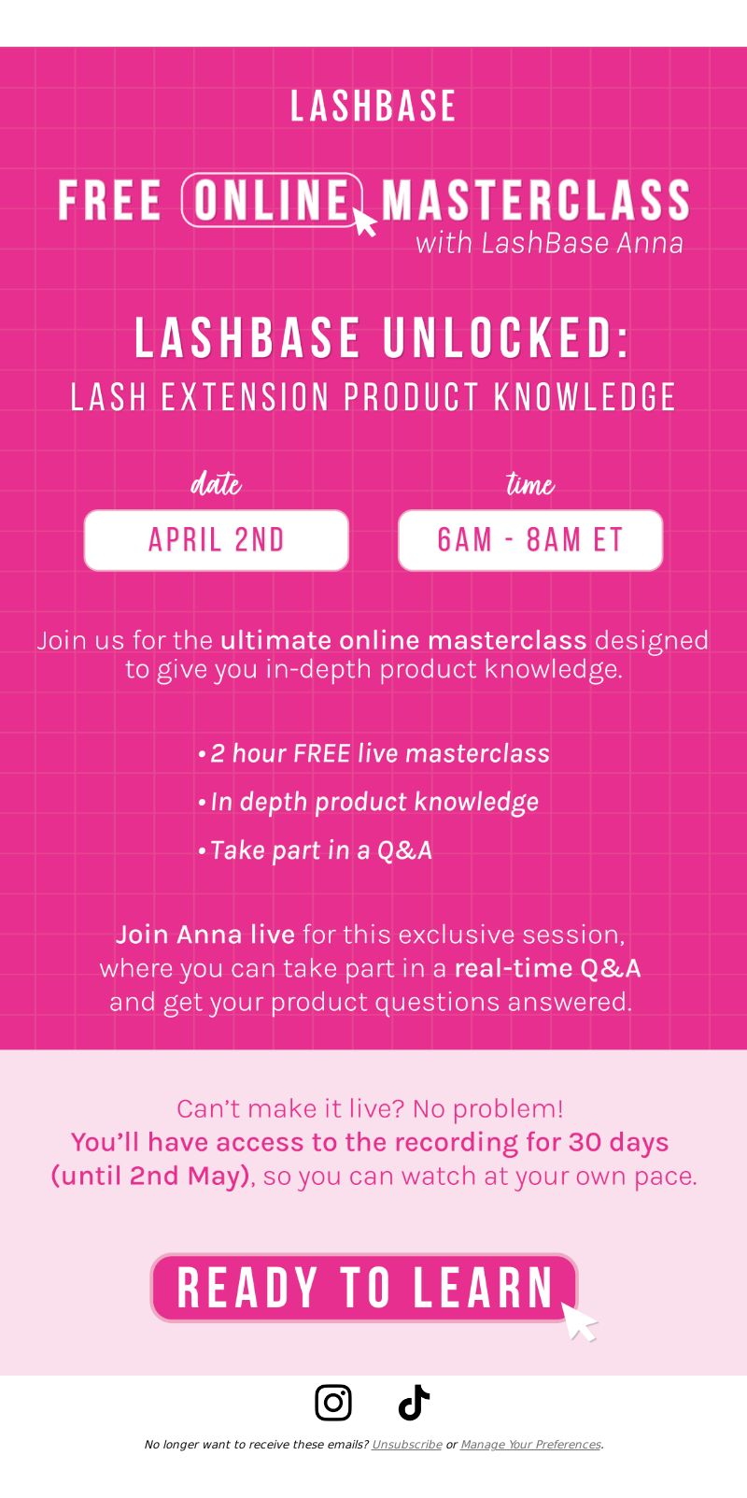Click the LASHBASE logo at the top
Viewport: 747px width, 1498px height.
pyautogui.click(x=373, y=107)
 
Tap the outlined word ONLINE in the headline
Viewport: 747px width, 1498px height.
pyautogui.click(x=272, y=200)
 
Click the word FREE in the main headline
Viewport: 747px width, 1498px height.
pyautogui.click(x=109, y=200)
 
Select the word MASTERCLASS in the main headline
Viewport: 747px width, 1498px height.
pyautogui.click(x=535, y=200)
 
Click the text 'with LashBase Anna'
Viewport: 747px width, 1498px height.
pyautogui.click(x=549, y=243)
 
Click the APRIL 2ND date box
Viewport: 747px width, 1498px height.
pyautogui.click(x=217, y=540)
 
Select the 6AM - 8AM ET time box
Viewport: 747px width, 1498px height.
pyautogui.click(x=530, y=540)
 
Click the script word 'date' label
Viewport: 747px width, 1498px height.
pyautogui.click(x=216, y=483)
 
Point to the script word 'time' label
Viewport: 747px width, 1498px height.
pyautogui.click(x=529, y=483)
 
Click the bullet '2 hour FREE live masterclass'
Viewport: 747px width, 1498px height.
pyautogui.click(x=373, y=754)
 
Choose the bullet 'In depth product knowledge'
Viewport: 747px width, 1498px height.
pyautogui.click(x=368, y=803)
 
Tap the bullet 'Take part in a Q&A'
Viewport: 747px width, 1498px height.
pyautogui.click(x=316, y=850)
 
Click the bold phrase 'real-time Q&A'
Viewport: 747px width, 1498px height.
pyautogui.click(x=547, y=968)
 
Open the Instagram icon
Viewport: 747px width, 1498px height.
pyautogui.click(x=333, y=1403)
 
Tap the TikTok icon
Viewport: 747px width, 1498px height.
pyautogui.click(x=414, y=1403)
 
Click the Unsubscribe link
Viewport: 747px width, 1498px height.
pyautogui.click(x=407, y=1445)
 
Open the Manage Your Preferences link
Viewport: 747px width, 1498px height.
pyautogui.click(x=530, y=1445)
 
